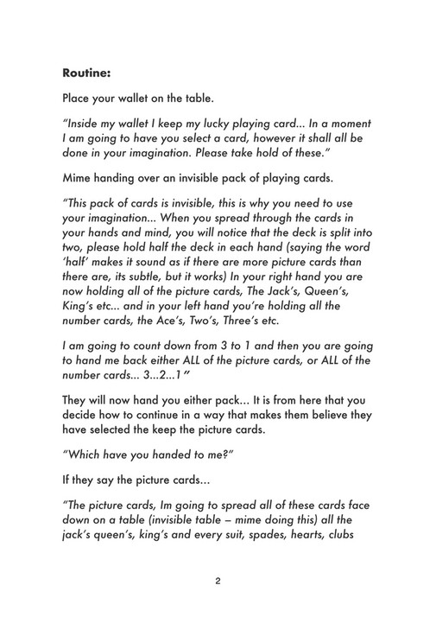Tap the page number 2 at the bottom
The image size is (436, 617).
coord(218,581)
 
